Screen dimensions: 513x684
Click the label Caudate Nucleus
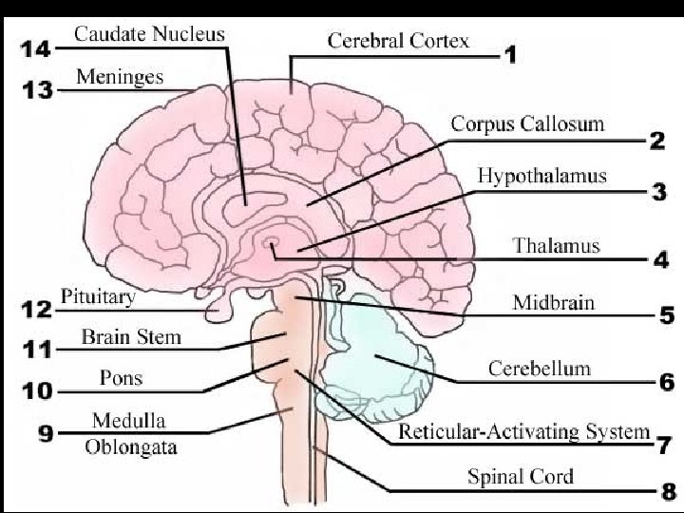(149, 35)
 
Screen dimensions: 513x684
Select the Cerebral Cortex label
(398, 41)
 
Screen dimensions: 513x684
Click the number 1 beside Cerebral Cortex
(510, 55)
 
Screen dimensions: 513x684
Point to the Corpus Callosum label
(527, 124)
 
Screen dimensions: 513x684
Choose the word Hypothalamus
(541, 176)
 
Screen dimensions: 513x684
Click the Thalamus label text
(557, 245)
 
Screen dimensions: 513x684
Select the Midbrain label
(554, 303)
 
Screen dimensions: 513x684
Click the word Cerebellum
(539, 368)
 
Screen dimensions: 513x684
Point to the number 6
(666, 382)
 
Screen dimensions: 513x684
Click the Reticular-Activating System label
(523, 432)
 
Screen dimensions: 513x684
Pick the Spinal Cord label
(521, 476)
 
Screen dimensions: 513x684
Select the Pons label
(122, 377)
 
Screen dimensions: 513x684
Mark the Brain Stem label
(131, 336)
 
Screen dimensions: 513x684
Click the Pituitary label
(99, 296)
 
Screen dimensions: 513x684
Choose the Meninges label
(120, 75)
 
